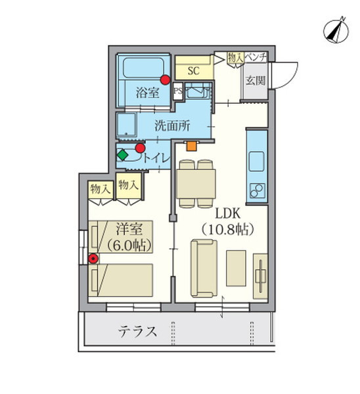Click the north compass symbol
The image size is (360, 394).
click(x=335, y=29)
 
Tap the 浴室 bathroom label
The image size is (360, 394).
click(x=146, y=92)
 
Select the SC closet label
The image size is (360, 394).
click(x=194, y=71)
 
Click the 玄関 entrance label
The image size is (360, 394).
click(x=255, y=81)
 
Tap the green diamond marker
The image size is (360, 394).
click(x=122, y=156)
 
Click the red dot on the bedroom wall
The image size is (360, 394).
click(x=93, y=258)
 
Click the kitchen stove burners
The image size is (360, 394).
click(x=256, y=191)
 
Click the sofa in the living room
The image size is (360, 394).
click(x=204, y=269)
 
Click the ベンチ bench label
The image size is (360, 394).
click(x=256, y=58)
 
